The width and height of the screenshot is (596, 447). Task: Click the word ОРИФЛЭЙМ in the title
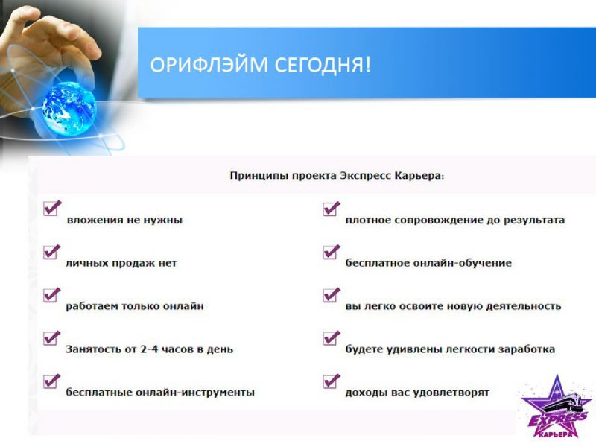(x=209, y=65)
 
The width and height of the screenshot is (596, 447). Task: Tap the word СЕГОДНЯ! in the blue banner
(x=323, y=65)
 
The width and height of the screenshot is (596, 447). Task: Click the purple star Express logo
(x=557, y=407)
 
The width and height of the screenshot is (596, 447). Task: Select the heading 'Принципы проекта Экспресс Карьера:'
(x=337, y=176)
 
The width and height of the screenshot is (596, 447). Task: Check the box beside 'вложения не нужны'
(x=52, y=208)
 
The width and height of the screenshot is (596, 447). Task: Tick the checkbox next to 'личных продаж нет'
(x=52, y=251)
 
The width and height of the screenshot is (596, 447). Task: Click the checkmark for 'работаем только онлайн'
(x=52, y=294)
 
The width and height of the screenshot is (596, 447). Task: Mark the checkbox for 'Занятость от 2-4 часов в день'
(x=52, y=337)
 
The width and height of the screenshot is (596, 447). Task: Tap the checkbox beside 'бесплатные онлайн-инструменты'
(x=52, y=381)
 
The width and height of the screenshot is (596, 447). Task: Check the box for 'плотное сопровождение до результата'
(x=332, y=209)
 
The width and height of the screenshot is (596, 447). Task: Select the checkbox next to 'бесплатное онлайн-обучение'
(x=332, y=252)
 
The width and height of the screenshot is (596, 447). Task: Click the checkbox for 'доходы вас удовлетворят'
(x=332, y=381)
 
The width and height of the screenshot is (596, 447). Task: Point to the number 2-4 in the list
(x=149, y=349)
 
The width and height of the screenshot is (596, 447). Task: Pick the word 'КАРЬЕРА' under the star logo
(x=555, y=434)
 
